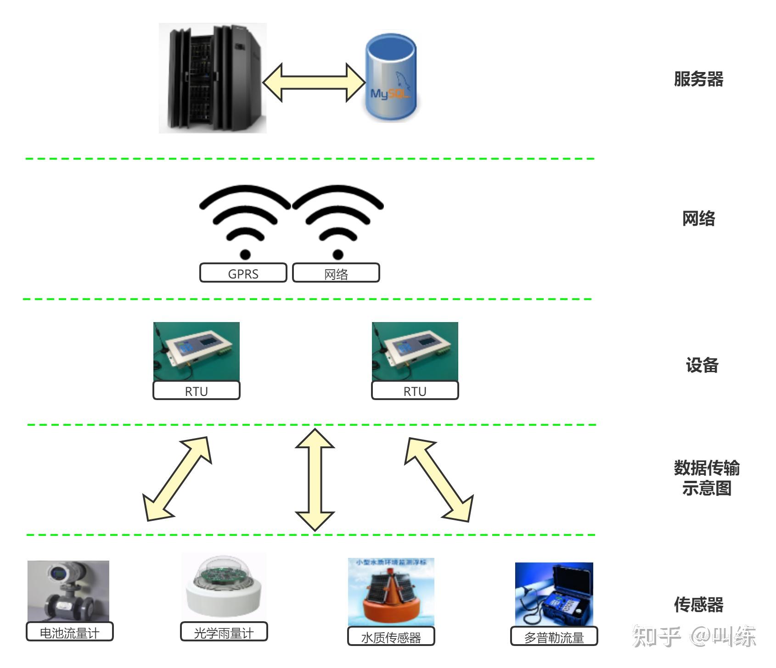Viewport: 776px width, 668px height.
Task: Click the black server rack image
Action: coord(213,78)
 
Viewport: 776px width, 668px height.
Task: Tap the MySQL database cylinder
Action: coord(391,78)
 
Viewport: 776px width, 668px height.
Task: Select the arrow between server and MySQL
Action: coord(314,83)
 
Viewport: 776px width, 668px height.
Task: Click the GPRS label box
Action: coord(243,273)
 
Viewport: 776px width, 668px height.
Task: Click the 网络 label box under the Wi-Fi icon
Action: coord(336,273)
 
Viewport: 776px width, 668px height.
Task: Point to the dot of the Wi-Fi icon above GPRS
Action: coord(245,254)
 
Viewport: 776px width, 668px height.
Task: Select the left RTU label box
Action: coord(196,390)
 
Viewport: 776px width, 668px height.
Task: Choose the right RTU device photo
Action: coord(415,351)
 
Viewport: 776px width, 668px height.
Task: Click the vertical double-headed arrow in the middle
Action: coord(315,479)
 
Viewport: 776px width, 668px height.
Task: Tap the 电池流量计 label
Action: coord(69,632)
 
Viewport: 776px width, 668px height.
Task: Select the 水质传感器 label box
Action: coord(391,636)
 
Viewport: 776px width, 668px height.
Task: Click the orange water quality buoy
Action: coord(390,599)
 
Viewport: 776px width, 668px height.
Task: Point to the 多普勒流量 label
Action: coord(554,636)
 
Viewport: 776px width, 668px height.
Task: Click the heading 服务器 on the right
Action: coord(698,79)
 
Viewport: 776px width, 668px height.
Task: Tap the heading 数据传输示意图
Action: coord(706,478)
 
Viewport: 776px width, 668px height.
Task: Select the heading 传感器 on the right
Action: coord(698,605)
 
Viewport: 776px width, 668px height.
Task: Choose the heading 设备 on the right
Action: coord(702,365)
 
